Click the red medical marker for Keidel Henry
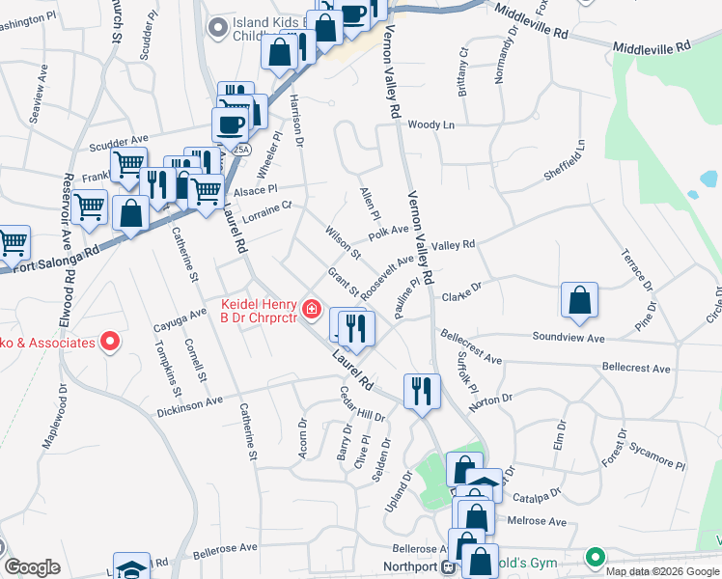312,310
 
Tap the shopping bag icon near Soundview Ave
579,300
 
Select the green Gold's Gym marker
596,557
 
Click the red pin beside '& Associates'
110,342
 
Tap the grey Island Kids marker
220,27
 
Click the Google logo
32,567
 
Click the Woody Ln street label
430,124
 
